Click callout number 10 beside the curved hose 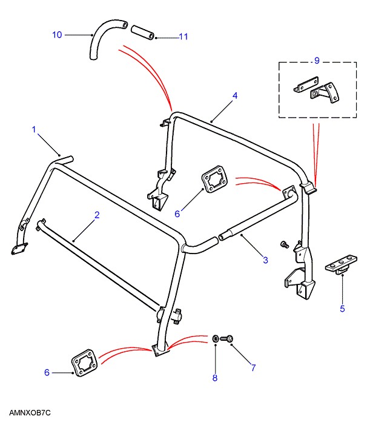(57, 35)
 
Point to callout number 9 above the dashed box (315, 60)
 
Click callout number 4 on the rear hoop (235, 96)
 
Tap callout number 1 (35, 129)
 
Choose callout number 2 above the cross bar (96, 215)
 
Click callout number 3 (265, 261)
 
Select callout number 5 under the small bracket (342, 309)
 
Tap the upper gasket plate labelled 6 (212, 183)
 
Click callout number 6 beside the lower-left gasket (47, 372)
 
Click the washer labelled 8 (216, 337)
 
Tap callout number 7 (253, 368)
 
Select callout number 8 (214, 378)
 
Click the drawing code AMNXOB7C (30, 413)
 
